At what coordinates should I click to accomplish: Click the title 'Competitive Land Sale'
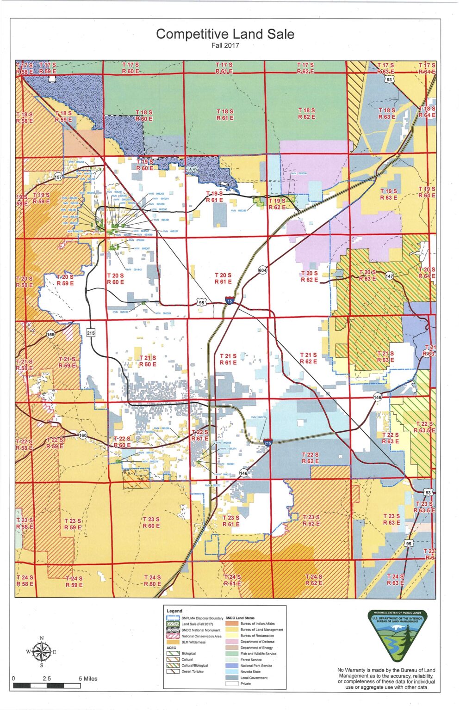(225, 34)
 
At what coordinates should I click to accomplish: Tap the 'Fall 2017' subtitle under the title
(225, 45)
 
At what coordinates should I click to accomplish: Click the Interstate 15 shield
(230, 301)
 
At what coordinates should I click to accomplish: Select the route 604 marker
(262, 270)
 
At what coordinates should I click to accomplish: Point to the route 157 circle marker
(58, 177)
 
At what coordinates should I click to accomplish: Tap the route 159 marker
(50, 335)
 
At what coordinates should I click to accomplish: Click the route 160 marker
(82, 435)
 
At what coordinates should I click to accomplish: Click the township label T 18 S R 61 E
(225, 115)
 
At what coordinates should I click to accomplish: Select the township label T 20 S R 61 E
(223, 278)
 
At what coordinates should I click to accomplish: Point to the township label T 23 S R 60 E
(151, 522)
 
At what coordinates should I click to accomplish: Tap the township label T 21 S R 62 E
(308, 358)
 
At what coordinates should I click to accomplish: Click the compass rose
(41, 652)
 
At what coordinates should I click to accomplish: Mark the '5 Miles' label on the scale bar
(88, 679)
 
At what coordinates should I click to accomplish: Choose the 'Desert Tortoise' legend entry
(192, 672)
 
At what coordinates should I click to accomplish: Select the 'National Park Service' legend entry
(256, 666)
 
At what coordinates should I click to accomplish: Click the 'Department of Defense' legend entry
(257, 642)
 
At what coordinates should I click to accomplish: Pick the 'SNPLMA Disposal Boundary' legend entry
(202, 618)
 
